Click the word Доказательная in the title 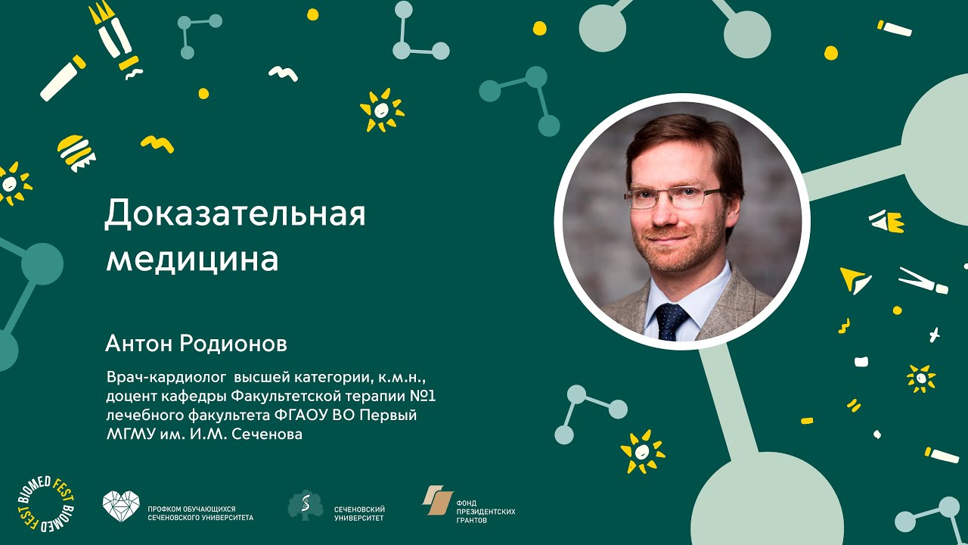coord(234,215)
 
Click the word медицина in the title coord(192,259)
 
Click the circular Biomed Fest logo coord(45,504)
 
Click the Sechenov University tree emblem coord(305,505)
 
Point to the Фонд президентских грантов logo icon coord(437,500)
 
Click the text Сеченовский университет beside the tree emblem coord(359,514)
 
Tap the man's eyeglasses coord(672,198)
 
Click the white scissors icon coord(923,281)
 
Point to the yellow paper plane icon coord(855,279)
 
